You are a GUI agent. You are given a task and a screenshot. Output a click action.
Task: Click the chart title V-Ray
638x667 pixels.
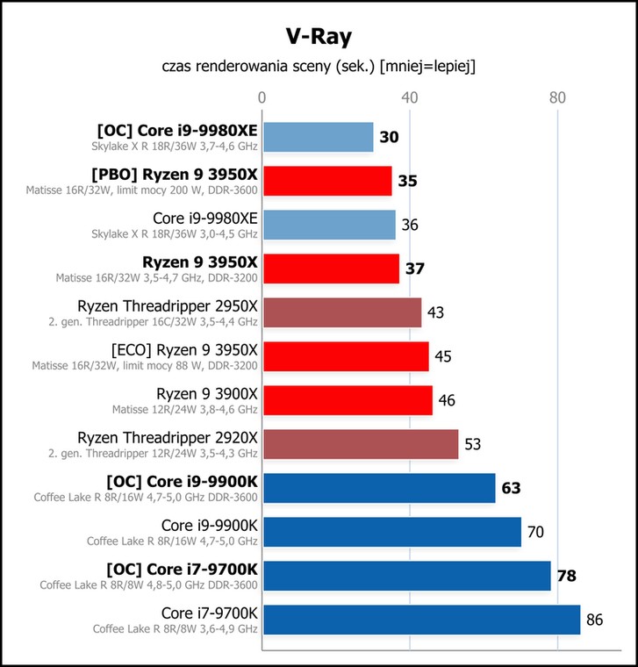click(319, 37)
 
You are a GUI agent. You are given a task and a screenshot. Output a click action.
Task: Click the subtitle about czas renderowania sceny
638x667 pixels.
click(319, 67)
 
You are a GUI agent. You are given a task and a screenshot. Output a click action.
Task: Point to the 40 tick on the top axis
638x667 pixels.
click(409, 97)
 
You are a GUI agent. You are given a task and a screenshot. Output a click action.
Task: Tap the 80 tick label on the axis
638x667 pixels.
click(557, 97)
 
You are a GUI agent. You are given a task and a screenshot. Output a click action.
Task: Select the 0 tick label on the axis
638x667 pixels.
click(262, 97)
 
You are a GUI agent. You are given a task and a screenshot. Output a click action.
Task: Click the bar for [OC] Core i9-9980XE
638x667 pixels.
click(319, 137)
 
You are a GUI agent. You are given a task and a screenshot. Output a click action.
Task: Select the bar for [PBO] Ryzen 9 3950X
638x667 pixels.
click(327, 181)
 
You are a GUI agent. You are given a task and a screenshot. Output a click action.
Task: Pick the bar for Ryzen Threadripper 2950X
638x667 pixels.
click(342, 312)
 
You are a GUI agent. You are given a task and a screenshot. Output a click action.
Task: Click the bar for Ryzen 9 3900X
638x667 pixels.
click(348, 400)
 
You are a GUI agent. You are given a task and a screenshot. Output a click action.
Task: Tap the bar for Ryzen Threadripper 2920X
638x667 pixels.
click(361, 444)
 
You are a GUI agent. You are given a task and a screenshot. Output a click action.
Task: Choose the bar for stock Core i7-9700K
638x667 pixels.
click(422, 620)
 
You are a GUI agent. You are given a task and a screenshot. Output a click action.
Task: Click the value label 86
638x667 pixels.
click(595, 620)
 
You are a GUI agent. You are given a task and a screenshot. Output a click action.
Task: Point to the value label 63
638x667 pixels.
click(511, 488)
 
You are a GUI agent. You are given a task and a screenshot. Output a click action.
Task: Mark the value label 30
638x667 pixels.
click(389, 137)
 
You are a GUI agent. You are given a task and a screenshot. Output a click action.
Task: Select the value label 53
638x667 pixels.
click(472, 444)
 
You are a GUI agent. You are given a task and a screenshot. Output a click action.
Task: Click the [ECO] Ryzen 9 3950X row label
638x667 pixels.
click(184, 350)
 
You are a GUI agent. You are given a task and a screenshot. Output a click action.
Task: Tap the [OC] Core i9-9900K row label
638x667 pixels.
click(182, 482)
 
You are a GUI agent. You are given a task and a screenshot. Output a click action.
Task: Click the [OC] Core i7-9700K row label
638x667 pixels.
click(182, 570)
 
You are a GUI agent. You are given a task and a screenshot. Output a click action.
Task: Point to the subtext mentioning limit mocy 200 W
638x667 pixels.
click(141, 190)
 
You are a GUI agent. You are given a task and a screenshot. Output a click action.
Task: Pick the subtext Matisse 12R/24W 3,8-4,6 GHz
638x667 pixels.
click(185, 410)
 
